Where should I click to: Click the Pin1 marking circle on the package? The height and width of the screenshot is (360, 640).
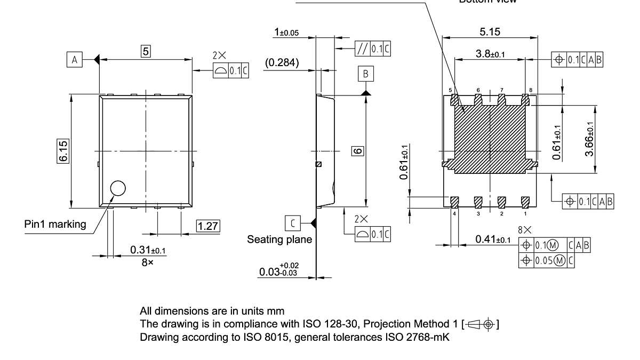[x=117, y=188]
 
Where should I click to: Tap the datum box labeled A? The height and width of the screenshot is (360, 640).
[x=75, y=60]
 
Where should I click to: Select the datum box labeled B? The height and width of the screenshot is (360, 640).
[x=366, y=74]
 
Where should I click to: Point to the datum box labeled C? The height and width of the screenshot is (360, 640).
[x=292, y=221]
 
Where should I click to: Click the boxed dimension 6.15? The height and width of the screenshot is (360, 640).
[x=63, y=151]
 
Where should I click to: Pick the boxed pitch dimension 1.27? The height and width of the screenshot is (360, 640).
[x=208, y=226]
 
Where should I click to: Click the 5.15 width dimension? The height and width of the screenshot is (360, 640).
[x=490, y=31]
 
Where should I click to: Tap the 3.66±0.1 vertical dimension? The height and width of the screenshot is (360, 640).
[x=589, y=138]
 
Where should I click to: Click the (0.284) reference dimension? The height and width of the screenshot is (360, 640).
[x=282, y=62]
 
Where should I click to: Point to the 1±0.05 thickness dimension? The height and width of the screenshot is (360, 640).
[x=286, y=33]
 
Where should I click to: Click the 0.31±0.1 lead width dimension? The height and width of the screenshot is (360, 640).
[x=148, y=250]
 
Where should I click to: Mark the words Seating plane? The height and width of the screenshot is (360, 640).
[x=279, y=239]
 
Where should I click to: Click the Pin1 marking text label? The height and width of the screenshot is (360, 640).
[x=55, y=224]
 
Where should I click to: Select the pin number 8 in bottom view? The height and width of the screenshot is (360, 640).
[x=531, y=90]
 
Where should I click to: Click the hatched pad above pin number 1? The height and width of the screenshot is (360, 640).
[x=525, y=202]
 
